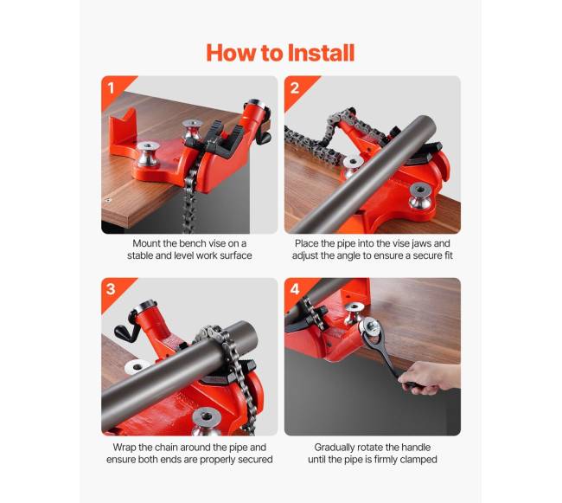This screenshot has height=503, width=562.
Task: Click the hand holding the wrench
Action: pos(430,377)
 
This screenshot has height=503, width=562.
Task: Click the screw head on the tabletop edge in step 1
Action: pos(108,199)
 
